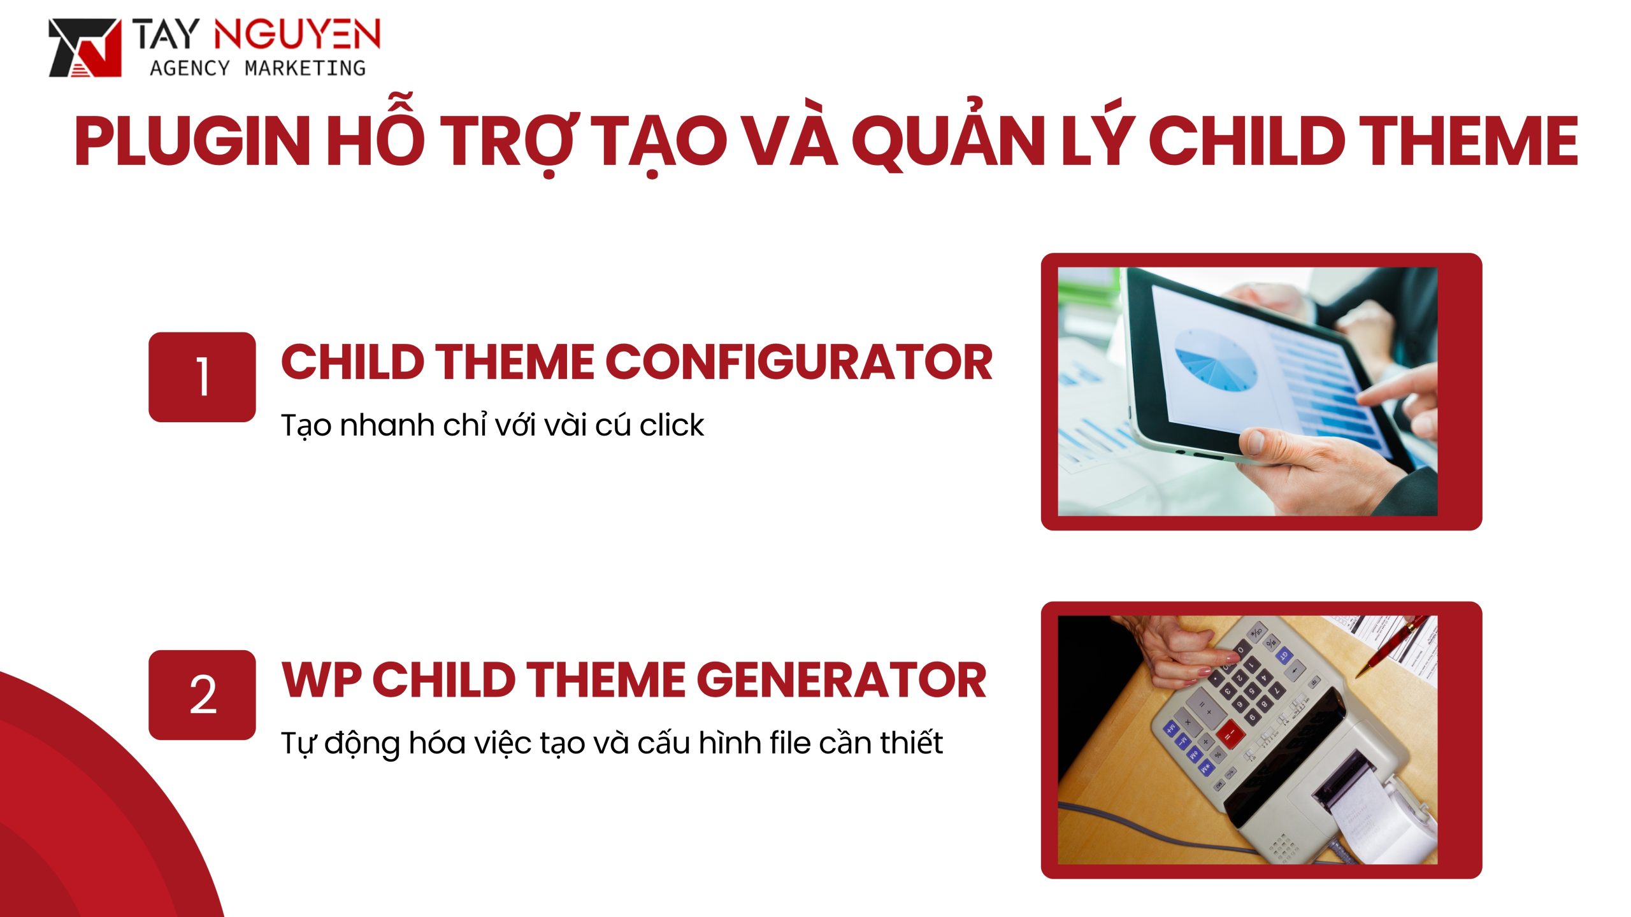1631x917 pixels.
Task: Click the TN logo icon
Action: pyautogui.click(x=85, y=48)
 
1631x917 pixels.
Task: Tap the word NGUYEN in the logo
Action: pyautogui.click(x=297, y=35)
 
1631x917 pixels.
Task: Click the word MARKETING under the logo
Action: pyautogui.click(x=305, y=68)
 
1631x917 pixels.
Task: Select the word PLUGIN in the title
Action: pyautogui.click(x=192, y=141)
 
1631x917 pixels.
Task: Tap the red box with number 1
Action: pyautogui.click(x=202, y=377)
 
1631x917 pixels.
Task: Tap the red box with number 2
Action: pyautogui.click(x=202, y=695)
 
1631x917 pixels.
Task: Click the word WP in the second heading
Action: pyautogui.click(x=321, y=679)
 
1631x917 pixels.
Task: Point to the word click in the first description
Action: pyautogui.click(x=672, y=425)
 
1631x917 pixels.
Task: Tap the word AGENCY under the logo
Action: pyautogui.click(x=189, y=68)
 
